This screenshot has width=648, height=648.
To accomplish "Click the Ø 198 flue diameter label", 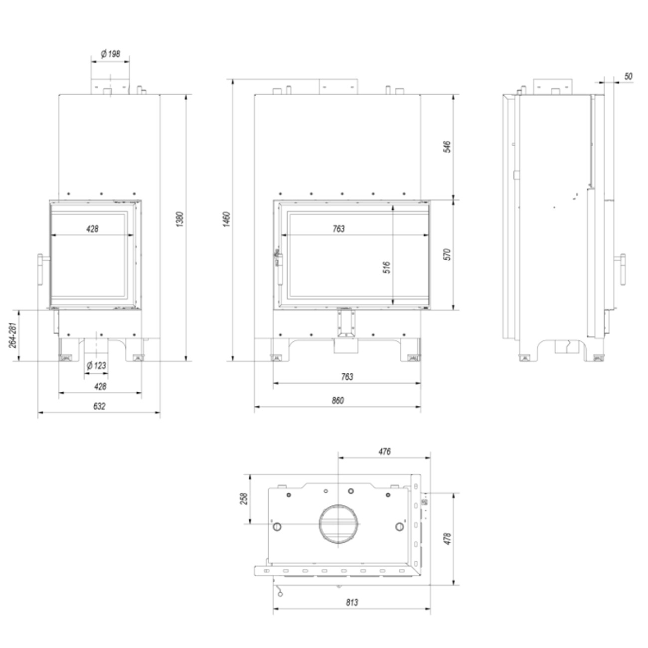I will click(110, 54).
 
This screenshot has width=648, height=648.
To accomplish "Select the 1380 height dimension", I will click(180, 220).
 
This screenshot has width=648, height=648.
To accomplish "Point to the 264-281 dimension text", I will click(13, 335).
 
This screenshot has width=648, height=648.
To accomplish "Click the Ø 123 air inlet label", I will click(96, 365).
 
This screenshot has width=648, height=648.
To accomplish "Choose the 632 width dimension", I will click(100, 406).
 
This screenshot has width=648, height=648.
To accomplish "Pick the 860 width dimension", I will click(337, 400).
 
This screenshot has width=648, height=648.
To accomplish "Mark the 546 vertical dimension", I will click(447, 147).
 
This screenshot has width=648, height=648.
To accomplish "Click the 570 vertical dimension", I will click(447, 255).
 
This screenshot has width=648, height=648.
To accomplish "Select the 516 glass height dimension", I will click(387, 267).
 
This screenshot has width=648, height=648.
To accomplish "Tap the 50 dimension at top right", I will click(628, 76).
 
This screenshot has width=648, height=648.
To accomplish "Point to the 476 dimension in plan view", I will click(384, 452).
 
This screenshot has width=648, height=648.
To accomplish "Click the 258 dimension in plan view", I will click(244, 499).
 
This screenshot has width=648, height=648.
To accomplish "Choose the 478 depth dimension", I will click(447, 538).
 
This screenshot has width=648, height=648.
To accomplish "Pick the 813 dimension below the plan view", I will click(351, 602).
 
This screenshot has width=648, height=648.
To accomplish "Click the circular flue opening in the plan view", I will click(338, 524).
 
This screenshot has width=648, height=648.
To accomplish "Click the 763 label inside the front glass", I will click(338, 229).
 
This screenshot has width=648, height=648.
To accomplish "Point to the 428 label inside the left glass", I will click(92, 229).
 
